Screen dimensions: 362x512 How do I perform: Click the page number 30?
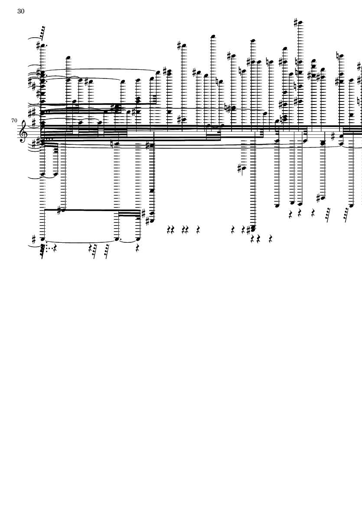pos(21,11)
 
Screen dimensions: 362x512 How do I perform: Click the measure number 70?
pos(14,121)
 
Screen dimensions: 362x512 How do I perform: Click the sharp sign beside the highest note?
pos(296,23)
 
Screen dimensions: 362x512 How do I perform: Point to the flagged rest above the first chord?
pos(42,33)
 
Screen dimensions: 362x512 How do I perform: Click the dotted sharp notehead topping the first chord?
pos(42,45)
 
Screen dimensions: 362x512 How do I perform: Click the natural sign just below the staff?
pos(112,143)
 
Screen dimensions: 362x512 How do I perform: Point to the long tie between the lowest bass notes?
pos(80,242)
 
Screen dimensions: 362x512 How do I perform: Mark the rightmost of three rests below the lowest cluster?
pos(270,239)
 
